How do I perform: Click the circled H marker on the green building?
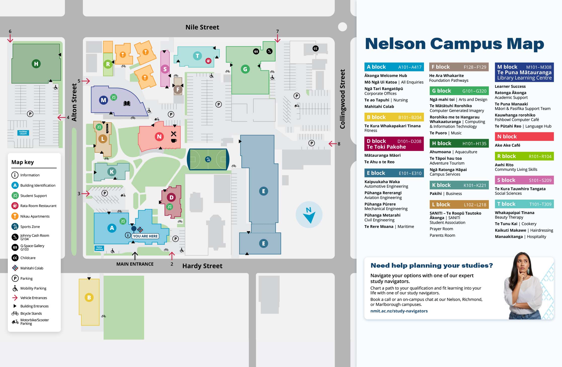coord(36,64)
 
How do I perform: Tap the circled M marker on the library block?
coord(103,100)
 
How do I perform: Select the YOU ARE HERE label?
coord(145,236)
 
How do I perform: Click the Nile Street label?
coord(202,27)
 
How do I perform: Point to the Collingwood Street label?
coord(342,99)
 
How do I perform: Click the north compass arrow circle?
coord(309,215)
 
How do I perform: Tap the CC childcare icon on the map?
coord(316,49)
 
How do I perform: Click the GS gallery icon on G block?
coord(256,52)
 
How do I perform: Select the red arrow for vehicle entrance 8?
coord(333,144)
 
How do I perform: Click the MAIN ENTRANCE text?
coord(135,264)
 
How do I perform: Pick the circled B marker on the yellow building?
coord(89,298)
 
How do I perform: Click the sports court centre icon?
coord(208,159)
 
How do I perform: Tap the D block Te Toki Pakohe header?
coord(394,144)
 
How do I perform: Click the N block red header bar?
coord(524,137)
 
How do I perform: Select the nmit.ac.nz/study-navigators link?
coord(399,311)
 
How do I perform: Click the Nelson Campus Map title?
coord(454,44)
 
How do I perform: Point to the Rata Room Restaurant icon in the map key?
coord(15,206)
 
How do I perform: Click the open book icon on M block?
coord(127,103)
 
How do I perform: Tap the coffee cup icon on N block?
coord(174,141)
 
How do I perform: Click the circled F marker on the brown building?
coord(178,89)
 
